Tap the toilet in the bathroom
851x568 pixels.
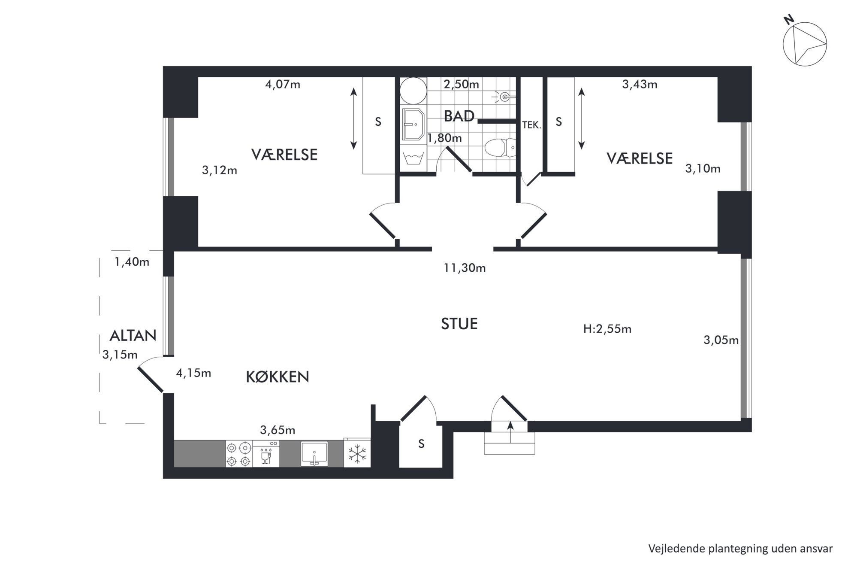tap(501, 147)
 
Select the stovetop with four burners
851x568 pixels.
tap(238, 454)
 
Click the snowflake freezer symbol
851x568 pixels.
tap(356, 454)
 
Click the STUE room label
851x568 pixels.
tap(459, 324)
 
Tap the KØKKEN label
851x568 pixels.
tap(278, 377)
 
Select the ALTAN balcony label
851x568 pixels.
tap(133, 336)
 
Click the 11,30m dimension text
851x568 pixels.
tap(465, 268)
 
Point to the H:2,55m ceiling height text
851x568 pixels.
tap(607, 329)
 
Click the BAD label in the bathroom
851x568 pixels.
tap(459, 116)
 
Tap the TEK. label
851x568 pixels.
tap(531, 125)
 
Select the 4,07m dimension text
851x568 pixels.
tap(283, 85)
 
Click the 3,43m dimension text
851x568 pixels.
tap(640, 85)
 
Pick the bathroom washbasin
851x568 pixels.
tap(413, 125)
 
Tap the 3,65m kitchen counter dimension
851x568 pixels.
tap(278, 430)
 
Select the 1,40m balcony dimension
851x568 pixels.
tap(132, 262)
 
